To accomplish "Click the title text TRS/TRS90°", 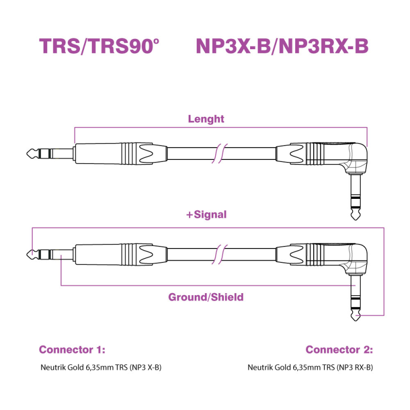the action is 99,46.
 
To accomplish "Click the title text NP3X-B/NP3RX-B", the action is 282,46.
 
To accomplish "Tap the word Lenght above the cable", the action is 206,119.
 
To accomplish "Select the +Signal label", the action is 207,214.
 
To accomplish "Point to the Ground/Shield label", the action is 206,297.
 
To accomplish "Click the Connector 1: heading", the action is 72,350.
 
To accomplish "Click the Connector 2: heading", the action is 339,350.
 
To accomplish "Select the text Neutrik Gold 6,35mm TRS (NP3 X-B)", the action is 101,367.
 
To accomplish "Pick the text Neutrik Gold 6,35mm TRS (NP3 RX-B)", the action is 310,367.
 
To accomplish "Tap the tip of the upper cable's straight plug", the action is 27,153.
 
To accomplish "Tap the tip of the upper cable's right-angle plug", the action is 356,220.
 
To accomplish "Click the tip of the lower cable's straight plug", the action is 27,254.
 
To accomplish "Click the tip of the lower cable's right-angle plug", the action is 356,321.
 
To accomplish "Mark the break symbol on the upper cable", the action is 220,153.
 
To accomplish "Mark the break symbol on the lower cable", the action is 220,254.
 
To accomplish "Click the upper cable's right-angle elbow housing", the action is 356,158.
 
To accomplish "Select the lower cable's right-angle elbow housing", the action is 356,259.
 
